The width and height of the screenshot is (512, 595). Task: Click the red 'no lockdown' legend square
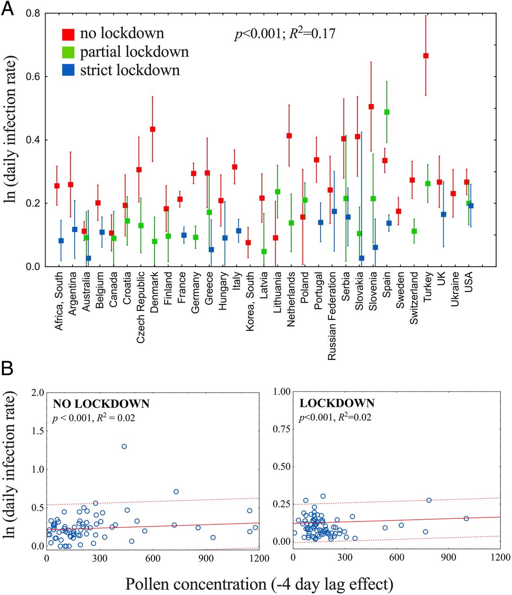click(68, 34)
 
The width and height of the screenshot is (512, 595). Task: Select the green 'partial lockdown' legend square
click(68, 52)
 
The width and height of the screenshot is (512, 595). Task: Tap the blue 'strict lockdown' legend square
click(68, 70)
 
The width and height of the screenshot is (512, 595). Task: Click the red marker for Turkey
click(426, 56)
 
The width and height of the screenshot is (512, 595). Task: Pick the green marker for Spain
click(387, 112)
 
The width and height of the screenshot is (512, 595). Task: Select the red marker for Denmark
click(152, 129)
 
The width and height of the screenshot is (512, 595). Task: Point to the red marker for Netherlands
click(289, 136)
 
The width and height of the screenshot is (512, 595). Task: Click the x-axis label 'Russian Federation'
click(332, 316)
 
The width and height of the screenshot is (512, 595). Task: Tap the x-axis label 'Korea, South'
click(250, 302)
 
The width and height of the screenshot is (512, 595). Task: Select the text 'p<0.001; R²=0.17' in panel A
click(285, 34)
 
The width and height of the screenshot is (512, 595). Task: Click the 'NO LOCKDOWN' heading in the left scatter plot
click(101, 403)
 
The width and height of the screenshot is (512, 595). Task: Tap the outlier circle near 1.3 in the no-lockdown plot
click(124, 446)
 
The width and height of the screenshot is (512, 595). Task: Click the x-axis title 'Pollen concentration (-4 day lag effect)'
click(259, 583)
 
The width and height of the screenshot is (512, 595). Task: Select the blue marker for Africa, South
click(61, 241)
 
